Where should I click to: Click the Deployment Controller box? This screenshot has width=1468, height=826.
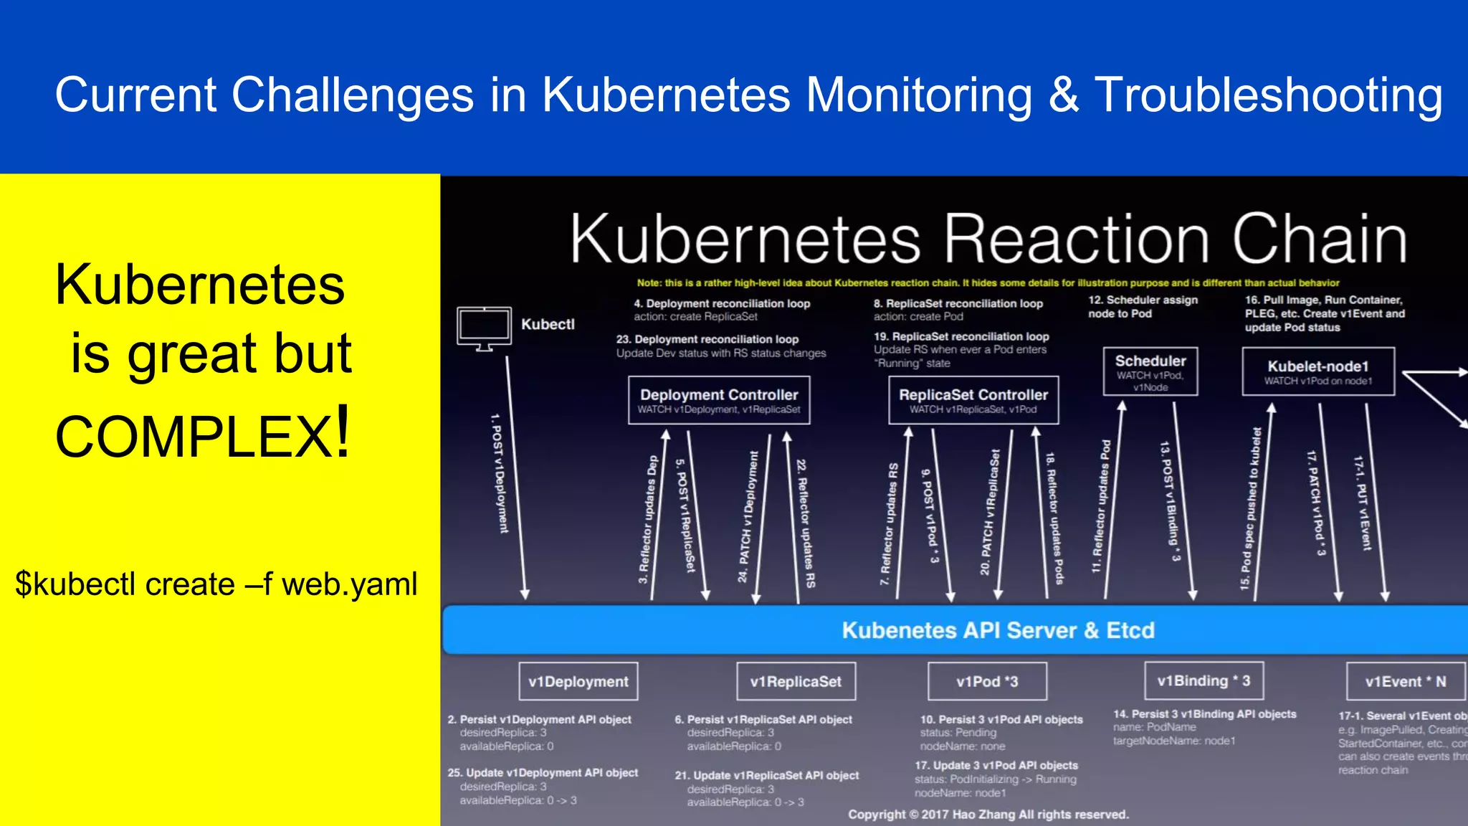[719, 400]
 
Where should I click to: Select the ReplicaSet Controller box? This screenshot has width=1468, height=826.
[973, 400]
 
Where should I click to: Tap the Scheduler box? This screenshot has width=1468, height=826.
[1150, 371]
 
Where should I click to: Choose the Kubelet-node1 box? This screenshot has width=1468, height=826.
[1318, 371]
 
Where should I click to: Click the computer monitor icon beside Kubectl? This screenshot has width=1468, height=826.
[485, 328]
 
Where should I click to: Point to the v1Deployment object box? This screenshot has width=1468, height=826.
[578, 681]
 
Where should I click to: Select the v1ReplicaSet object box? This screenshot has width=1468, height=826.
[796, 681]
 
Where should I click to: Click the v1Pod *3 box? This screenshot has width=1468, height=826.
[987, 681]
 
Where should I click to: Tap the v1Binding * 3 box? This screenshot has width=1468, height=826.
[1204, 680]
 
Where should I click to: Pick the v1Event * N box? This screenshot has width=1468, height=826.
[1405, 681]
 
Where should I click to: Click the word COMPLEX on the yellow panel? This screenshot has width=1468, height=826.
[194, 436]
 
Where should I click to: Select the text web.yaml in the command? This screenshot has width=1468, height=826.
[349, 584]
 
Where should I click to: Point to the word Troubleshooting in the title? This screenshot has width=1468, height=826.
[1268, 95]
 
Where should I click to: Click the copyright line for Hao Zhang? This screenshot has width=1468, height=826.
[988, 815]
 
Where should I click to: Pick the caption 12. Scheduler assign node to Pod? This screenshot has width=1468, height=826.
[1143, 307]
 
